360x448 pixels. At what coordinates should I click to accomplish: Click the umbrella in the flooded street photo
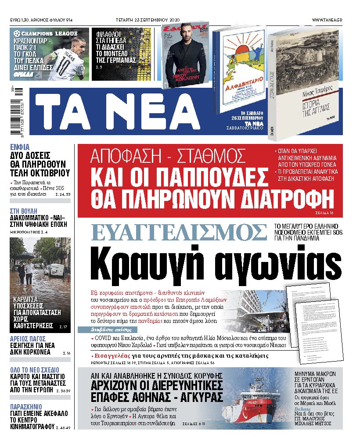(25, 256)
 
